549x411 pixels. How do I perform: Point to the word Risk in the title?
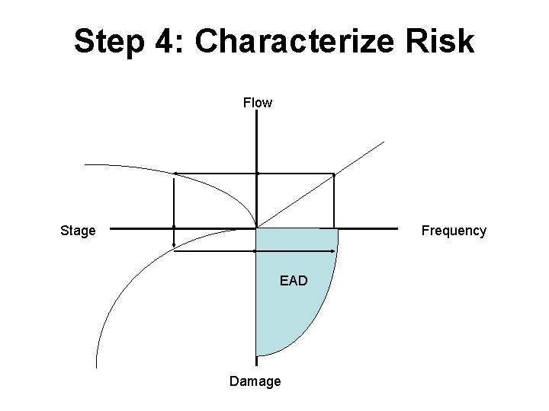[x=441, y=42]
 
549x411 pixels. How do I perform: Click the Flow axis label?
[x=257, y=102]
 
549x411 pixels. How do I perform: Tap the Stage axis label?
[x=78, y=231]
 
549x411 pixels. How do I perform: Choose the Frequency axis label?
[x=454, y=231]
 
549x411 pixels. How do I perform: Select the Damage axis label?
[x=255, y=381]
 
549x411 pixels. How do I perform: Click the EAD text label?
[x=294, y=281]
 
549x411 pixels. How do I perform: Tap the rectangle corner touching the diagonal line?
[x=334, y=174]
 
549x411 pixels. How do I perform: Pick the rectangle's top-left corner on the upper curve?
[x=175, y=174]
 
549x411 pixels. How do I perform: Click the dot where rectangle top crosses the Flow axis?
[x=257, y=174]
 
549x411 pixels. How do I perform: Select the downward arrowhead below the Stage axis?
[x=175, y=245]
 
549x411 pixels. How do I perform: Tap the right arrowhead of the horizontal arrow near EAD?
[x=335, y=251]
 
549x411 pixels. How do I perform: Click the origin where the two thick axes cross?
[x=257, y=227]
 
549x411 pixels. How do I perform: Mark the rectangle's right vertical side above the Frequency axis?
[x=334, y=201]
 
